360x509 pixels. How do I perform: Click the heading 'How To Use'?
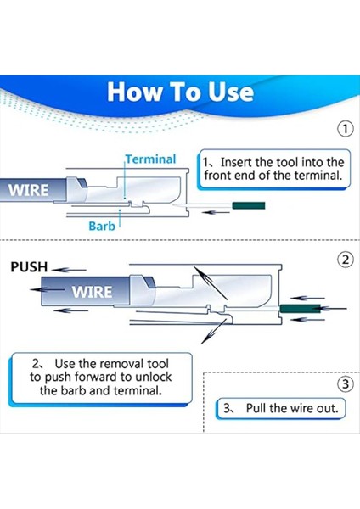pyautogui.click(x=180, y=92)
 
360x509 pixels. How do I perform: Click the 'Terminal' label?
pyautogui.click(x=151, y=159)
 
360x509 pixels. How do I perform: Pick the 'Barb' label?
pyautogui.click(x=103, y=227)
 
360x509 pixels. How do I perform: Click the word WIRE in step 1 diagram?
pyautogui.click(x=29, y=189)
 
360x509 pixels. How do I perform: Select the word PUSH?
pyautogui.click(x=28, y=267)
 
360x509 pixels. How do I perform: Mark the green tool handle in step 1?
pyautogui.click(x=250, y=205)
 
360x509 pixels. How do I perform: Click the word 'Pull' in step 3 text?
pyautogui.click(x=257, y=408)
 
